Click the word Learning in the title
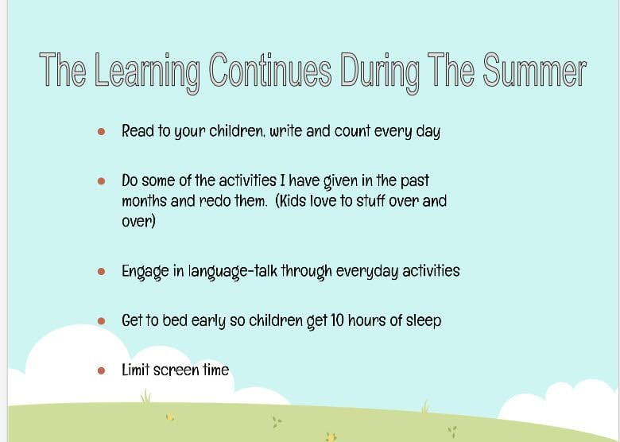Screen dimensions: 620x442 click(147, 72)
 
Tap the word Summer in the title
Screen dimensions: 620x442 click(534, 70)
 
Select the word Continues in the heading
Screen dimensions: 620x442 click(270, 70)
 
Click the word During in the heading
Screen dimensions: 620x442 click(379, 72)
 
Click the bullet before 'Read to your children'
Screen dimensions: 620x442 click(101, 131)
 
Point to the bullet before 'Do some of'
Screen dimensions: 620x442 click(101, 181)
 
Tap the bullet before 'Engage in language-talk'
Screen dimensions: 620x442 click(101, 271)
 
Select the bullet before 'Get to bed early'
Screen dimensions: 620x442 click(101, 320)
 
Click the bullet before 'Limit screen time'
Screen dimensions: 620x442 click(101, 370)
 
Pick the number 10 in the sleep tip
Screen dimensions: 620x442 click(337, 320)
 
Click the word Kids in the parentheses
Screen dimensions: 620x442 click(293, 201)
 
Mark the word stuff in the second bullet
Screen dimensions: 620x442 click(371, 201)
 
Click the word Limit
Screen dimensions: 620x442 click(136, 370)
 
